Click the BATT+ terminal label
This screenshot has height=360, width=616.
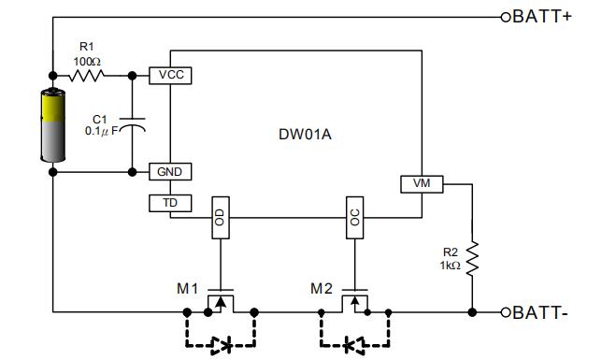pyautogui.click(x=542, y=16)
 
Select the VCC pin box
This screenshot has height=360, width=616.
pyautogui.click(x=170, y=75)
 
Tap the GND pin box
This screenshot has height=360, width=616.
pyautogui.click(x=170, y=171)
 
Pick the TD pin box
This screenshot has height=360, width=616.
pyautogui.click(x=170, y=203)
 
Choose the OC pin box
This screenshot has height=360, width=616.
pyautogui.click(x=353, y=217)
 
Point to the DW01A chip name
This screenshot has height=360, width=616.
pyautogui.click(x=305, y=134)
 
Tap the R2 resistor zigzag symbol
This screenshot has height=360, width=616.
pyautogui.click(x=472, y=260)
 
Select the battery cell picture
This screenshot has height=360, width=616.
pyautogui.click(x=52, y=124)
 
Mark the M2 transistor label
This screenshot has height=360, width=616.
pyautogui.click(x=322, y=288)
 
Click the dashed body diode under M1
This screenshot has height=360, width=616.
pyautogui.click(x=221, y=344)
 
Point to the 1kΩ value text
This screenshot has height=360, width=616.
pyautogui.click(x=450, y=266)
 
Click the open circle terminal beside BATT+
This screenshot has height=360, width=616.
pyautogui.click(x=506, y=16)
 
